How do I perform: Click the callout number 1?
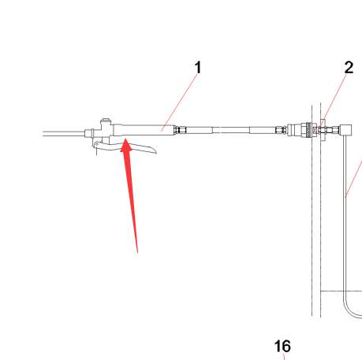tap(198, 68)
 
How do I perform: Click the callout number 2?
tap(349, 68)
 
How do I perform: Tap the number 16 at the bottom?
tap(282, 346)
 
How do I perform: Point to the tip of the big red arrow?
tap(126, 139)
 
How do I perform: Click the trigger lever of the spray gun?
tap(124, 147)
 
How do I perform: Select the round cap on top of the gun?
tap(106, 121)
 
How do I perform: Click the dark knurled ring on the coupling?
tap(308, 130)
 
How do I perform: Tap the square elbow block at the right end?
tap(346, 130)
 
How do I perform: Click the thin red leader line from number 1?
tap(179, 102)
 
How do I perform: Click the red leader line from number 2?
tap(333, 102)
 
